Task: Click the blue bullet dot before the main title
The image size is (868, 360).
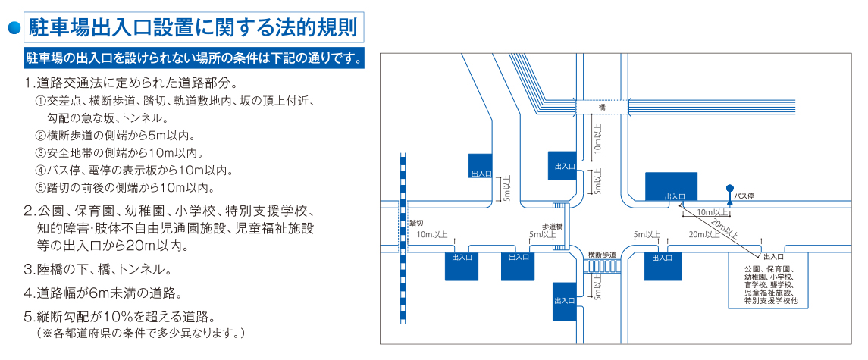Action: [x=14, y=28]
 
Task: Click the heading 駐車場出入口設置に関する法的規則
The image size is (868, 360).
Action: [x=193, y=28]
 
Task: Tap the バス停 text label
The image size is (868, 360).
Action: [x=744, y=196]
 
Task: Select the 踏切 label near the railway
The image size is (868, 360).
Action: [x=417, y=222]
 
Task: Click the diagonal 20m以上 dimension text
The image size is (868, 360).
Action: [x=723, y=227]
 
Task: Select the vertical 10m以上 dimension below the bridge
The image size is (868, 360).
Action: [x=597, y=137]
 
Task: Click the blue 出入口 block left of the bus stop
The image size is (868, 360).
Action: [x=672, y=186]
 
